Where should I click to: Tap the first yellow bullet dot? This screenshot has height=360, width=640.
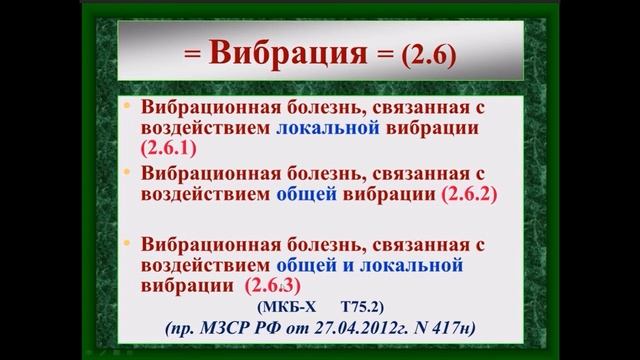pos(127,105)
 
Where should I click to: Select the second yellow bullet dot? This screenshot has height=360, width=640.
pos(127,171)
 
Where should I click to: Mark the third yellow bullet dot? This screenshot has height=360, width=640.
pos(127,240)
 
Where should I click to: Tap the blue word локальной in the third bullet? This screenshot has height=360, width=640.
pos(412,265)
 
